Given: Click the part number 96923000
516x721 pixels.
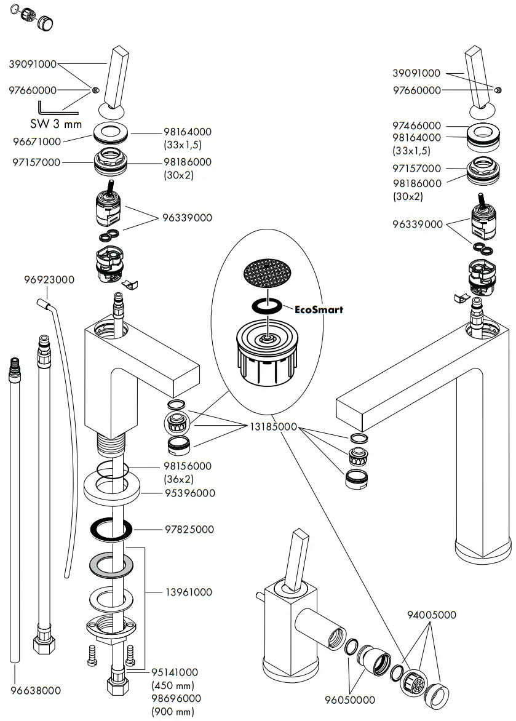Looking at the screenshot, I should [x=49, y=280].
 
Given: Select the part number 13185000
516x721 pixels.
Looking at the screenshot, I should [x=273, y=426].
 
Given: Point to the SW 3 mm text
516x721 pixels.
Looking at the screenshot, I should [x=56, y=124].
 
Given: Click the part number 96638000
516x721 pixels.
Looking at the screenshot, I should [x=36, y=691].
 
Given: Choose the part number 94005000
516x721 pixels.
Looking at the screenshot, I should [x=432, y=615].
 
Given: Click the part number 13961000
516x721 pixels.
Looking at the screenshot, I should [x=188, y=592].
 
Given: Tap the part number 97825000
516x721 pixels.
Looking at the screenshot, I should [x=188, y=529].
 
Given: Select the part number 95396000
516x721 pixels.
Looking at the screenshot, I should [x=188, y=493].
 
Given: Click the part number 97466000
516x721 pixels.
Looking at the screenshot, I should [x=417, y=125].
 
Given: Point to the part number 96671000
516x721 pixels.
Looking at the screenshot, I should [x=36, y=141].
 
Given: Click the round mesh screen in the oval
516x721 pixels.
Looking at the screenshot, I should [x=266, y=271].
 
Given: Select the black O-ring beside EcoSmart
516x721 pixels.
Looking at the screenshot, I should [x=266, y=305].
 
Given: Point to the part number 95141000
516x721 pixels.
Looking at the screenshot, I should [x=175, y=673].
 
